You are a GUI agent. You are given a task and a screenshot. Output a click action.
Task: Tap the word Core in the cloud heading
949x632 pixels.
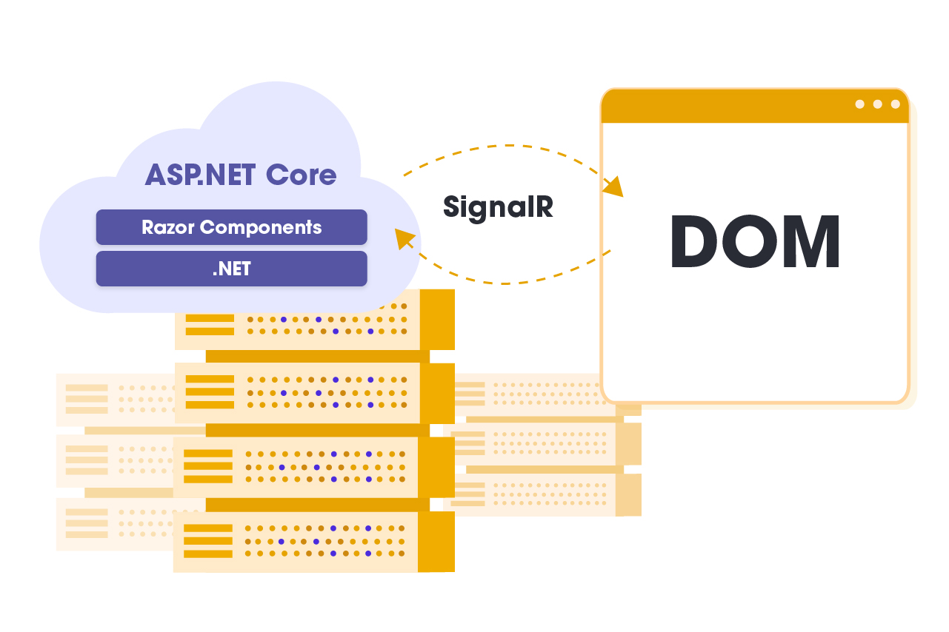[302, 175]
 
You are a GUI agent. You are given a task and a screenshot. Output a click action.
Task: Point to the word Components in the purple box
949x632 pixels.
[261, 227]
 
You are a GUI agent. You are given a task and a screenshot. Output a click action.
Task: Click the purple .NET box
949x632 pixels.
[231, 269]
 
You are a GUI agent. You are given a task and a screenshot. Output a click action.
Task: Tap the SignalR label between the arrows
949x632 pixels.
[498, 206]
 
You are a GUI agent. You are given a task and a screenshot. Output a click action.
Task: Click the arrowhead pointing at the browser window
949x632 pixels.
[614, 187]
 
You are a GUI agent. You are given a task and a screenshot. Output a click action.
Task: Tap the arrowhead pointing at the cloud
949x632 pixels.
[404, 239]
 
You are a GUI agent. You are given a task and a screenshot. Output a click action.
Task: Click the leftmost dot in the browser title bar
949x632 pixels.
[859, 104]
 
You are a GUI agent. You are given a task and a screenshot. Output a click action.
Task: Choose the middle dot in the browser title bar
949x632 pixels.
[877, 104]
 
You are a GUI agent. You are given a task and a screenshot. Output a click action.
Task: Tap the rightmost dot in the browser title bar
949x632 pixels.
[895, 104]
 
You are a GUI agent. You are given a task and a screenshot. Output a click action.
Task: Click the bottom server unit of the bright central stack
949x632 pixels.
[311, 542]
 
